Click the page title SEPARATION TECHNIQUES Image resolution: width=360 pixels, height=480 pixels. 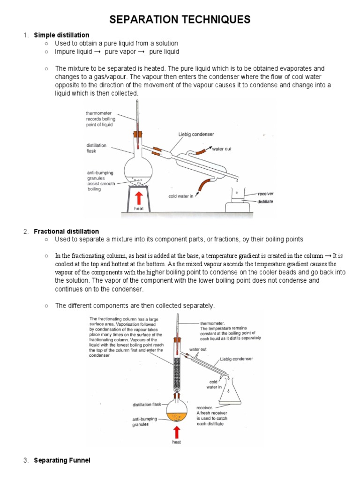click(180, 19)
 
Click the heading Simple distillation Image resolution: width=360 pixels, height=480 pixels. click(61, 35)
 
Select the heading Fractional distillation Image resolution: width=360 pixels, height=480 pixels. click(66, 231)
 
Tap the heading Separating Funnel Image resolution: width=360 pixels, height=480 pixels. click(62, 460)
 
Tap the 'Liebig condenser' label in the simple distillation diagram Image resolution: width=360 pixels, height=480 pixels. click(196, 135)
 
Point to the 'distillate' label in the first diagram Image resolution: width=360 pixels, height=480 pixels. click(265, 202)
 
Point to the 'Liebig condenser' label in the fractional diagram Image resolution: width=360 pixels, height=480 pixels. click(236, 359)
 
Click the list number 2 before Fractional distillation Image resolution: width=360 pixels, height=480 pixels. click(26, 231)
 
